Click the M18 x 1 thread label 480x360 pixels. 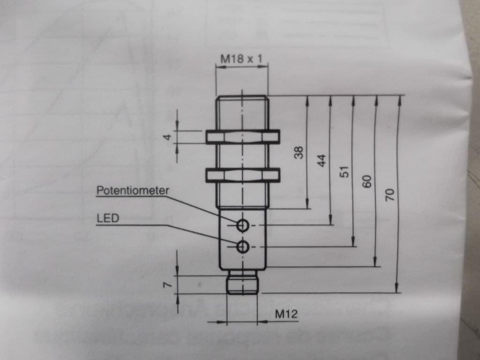(241, 58)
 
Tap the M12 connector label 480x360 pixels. (286, 314)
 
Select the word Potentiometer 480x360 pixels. (133, 190)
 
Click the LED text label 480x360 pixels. (108, 218)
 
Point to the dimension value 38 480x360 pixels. (299, 152)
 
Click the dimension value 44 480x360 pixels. (322, 160)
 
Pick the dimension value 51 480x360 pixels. (345, 172)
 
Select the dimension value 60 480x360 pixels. (367, 181)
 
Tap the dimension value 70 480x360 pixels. (390, 195)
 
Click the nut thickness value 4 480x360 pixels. (167, 137)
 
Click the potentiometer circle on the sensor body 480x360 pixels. (242, 225)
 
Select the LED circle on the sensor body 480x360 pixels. (242, 247)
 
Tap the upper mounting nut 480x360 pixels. (243, 137)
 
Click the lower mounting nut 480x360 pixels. (243, 175)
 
